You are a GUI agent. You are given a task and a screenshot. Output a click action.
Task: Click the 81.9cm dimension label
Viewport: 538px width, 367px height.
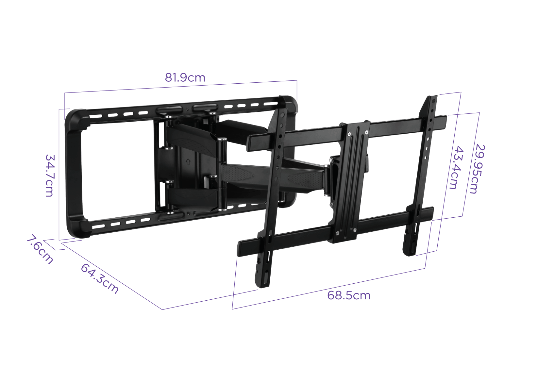tap(185, 77)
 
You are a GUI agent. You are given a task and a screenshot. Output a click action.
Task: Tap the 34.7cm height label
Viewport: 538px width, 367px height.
tap(49, 175)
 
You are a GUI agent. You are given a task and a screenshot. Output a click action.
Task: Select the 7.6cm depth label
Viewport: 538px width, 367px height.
tap(40, 250)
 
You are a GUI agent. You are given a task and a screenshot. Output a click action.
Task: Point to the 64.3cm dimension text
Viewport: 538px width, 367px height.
tap(100, 278)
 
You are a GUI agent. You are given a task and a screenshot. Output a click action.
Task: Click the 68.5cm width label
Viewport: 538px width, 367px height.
tap(349, 295)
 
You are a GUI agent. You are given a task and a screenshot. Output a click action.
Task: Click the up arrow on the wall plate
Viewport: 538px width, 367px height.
tap(188, 161)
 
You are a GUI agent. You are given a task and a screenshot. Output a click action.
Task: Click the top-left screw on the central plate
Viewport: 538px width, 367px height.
tap(349, 134)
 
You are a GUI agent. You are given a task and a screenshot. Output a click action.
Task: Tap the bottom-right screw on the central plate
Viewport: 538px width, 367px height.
tap(355, 229)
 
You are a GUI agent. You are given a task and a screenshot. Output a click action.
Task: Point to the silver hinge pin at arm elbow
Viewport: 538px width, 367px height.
tap(222, 141)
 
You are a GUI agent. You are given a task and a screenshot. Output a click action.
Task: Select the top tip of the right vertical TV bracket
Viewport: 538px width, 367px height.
tap(433, 98)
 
